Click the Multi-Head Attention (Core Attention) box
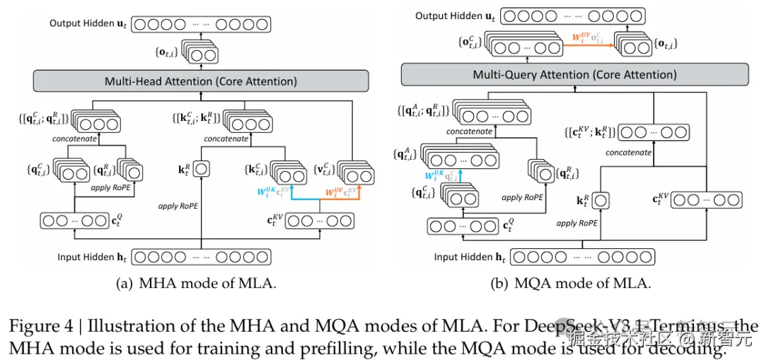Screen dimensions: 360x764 point(201,81)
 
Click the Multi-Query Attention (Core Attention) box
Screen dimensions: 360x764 point(575,74)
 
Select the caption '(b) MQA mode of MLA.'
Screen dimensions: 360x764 point(571,284)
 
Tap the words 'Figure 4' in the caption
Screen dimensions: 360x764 point(33,326)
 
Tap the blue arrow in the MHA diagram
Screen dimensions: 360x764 point(290,194)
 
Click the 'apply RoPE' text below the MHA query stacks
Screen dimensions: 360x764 point(112,189)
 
